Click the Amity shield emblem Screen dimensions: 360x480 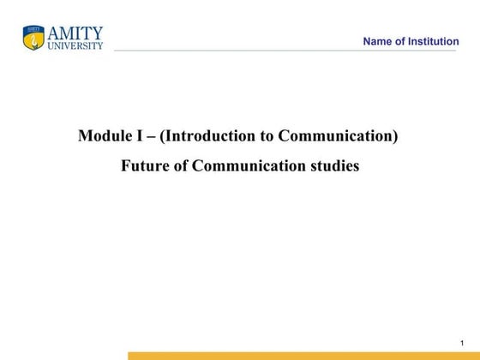33,38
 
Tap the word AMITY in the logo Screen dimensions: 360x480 75,33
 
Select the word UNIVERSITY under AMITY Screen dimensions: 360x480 75,45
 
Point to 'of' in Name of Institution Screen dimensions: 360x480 400,42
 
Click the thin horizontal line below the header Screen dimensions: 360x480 283,51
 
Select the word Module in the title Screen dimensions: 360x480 102,135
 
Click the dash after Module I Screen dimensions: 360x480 144,136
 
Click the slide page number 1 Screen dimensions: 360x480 461,343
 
